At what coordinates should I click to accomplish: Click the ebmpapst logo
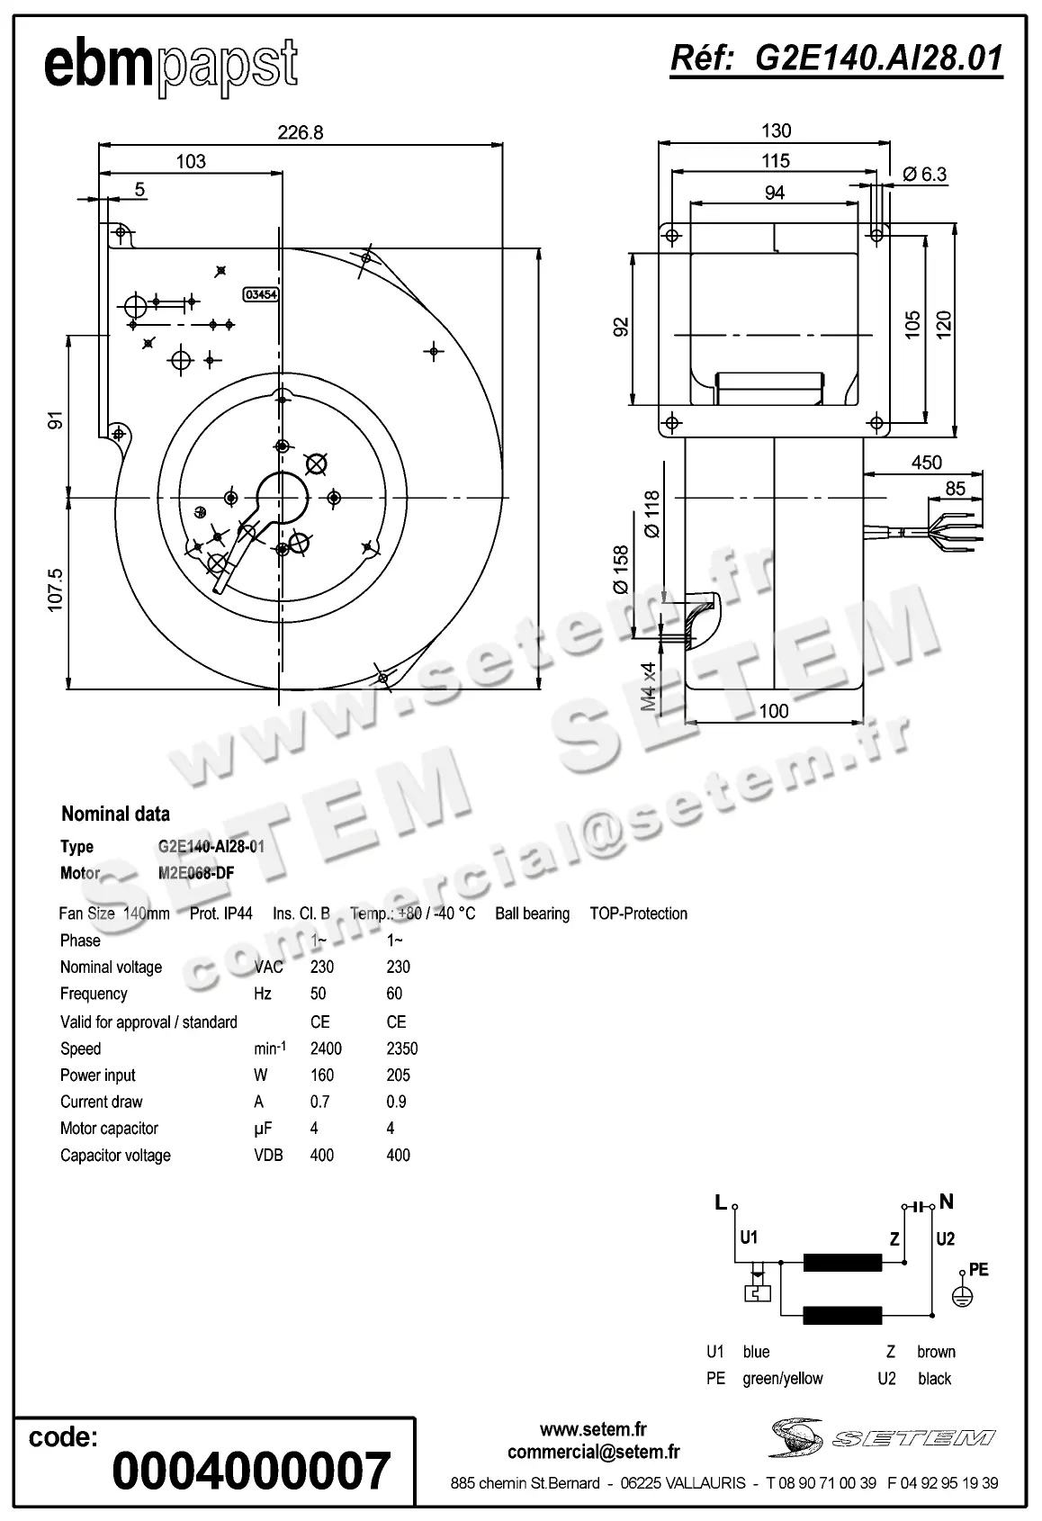tap(170, 65)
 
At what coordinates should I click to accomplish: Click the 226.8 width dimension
tap(300, 132)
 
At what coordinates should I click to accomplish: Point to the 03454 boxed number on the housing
tap(261, 294)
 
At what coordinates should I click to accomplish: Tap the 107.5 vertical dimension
tap(56, 590)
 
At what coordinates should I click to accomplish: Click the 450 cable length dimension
tap(926, 463)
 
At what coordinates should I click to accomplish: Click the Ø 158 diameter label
tap(621, 570)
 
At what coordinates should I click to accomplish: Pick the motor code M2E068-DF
tap(196, 873)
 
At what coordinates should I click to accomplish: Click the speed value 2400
tap(325, 1048)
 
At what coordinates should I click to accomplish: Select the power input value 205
tap(398, 1075)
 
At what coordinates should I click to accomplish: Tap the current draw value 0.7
tap(319, 1102)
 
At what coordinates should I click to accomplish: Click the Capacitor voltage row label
tap(115, 1155)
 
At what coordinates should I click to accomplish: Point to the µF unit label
tap(263, 1128)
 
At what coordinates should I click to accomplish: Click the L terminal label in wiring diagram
tap(720, 1202)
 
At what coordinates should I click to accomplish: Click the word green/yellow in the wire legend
tap(782, 1378)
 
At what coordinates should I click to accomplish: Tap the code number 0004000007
tap(251, 1471)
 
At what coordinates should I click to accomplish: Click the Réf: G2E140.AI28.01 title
tap(836, 58)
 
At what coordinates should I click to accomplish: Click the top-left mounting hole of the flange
tap(670, 235)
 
